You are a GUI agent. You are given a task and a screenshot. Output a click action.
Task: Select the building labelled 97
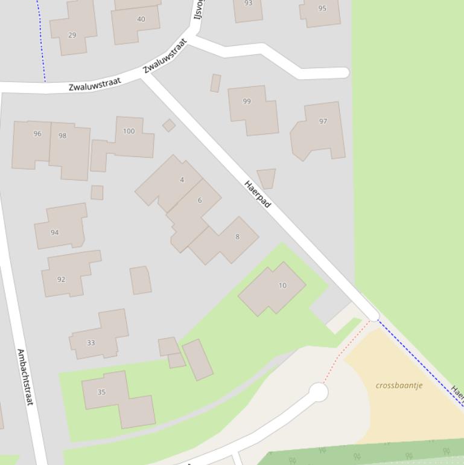319,130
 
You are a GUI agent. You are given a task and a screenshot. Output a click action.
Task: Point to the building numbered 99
252,109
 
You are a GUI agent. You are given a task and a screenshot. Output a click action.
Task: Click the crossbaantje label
399,385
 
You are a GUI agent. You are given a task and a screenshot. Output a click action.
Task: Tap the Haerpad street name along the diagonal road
258,194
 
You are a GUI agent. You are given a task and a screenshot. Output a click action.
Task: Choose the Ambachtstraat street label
25,377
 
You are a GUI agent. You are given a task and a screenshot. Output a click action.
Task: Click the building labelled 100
129,137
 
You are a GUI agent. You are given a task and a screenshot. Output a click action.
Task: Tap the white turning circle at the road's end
318,392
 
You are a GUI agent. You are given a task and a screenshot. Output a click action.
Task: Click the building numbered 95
320,12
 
